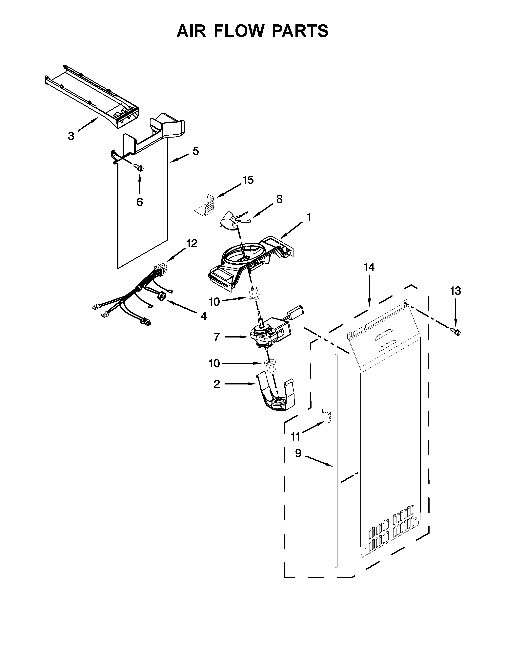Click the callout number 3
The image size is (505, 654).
point(71,136)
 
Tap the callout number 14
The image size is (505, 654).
point(369,267)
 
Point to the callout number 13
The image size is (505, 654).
point(456,291)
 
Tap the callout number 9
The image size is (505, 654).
point(298,453)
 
